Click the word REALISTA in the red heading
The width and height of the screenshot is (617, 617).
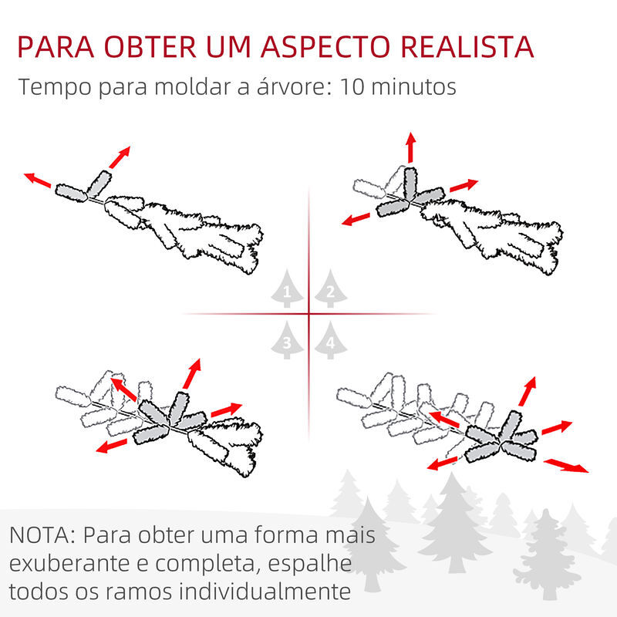click(467, 47)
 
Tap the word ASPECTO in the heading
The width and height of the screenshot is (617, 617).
click(325, 47)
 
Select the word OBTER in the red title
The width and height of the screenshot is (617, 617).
click(150, 47)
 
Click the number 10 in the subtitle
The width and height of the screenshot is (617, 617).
click(352, 86)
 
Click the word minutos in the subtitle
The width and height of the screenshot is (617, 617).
click(414, 86)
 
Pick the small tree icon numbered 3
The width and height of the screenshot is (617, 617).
click(287, 340)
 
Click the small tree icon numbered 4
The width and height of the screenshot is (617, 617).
click(331, 340)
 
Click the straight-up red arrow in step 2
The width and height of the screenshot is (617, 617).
click(411, 147)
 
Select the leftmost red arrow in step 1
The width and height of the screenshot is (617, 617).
click(37, 180)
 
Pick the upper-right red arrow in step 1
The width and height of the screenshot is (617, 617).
click(120, 157)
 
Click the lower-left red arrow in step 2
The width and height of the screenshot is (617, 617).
click(356, 219)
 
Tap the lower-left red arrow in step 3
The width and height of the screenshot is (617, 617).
click(112, 447)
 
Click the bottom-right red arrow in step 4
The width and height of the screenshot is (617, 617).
click(566, 466)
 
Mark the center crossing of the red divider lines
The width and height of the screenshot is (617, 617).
click(309, 314)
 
